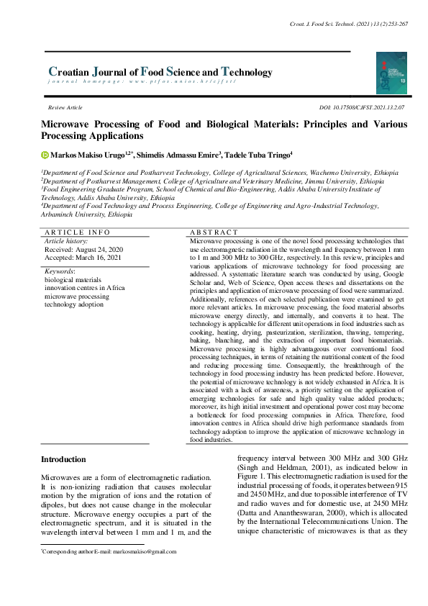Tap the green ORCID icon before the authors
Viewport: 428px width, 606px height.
pyautogui.click(x=45, y=154)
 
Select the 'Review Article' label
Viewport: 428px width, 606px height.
pyautogui.click(x=65, y=107)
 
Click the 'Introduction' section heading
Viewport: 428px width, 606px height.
pyautogui.click(x=63, y=459)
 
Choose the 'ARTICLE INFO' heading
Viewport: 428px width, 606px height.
pyautogui.click(x=78, y=232)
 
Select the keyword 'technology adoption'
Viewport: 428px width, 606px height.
pyautogui.click(x=75, y=304)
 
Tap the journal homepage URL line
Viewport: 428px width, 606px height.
pyautogui.click(x=141, y=81)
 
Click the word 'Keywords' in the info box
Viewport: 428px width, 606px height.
pyautogui.click(x=60, y=271)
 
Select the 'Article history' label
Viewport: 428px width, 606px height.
pyautogui.click(x=66, y=240)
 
